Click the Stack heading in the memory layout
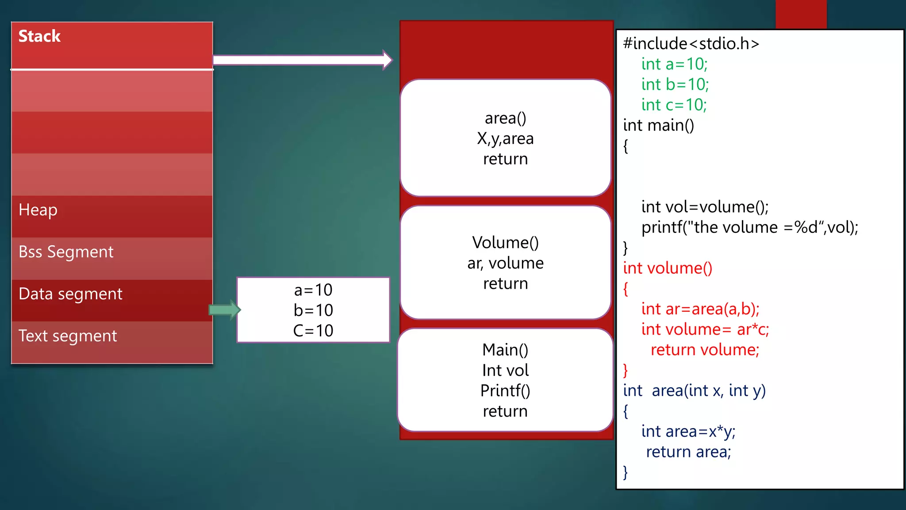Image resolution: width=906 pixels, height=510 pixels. click(x=39, y=36)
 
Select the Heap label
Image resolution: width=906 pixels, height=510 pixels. click(x=38, y=210)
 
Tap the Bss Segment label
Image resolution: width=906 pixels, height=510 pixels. click(x=66, y=252)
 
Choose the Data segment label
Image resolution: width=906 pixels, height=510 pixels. click(x=70, y=294)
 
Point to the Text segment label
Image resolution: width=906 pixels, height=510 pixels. click(x=68, y=336)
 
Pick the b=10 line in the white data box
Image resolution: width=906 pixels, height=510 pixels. click(x=313, y=310)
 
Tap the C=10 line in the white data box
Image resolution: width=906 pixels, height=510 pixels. click(x=313, y=331)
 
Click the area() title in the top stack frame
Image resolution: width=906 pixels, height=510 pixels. click(x=505, y=118)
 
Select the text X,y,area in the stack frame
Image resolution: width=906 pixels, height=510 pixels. click(x=505, y=139)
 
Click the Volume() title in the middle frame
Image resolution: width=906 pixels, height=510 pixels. click(x=505, y=243)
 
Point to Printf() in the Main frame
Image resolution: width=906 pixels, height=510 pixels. click(x=505, y=391)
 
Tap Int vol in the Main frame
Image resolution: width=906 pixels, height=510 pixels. click(x=505, y=370)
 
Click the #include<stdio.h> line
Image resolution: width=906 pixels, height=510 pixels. click(x=691, y=43)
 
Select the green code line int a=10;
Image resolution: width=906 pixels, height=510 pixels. click(x=674, y=64)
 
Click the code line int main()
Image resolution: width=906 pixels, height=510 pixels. click(x=658, y=125)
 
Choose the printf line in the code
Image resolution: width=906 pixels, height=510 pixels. click(x=749, y=228)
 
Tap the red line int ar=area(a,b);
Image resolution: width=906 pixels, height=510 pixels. click(x=700, y=309)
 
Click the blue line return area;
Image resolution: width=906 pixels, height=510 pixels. click(x=688, y=452)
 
